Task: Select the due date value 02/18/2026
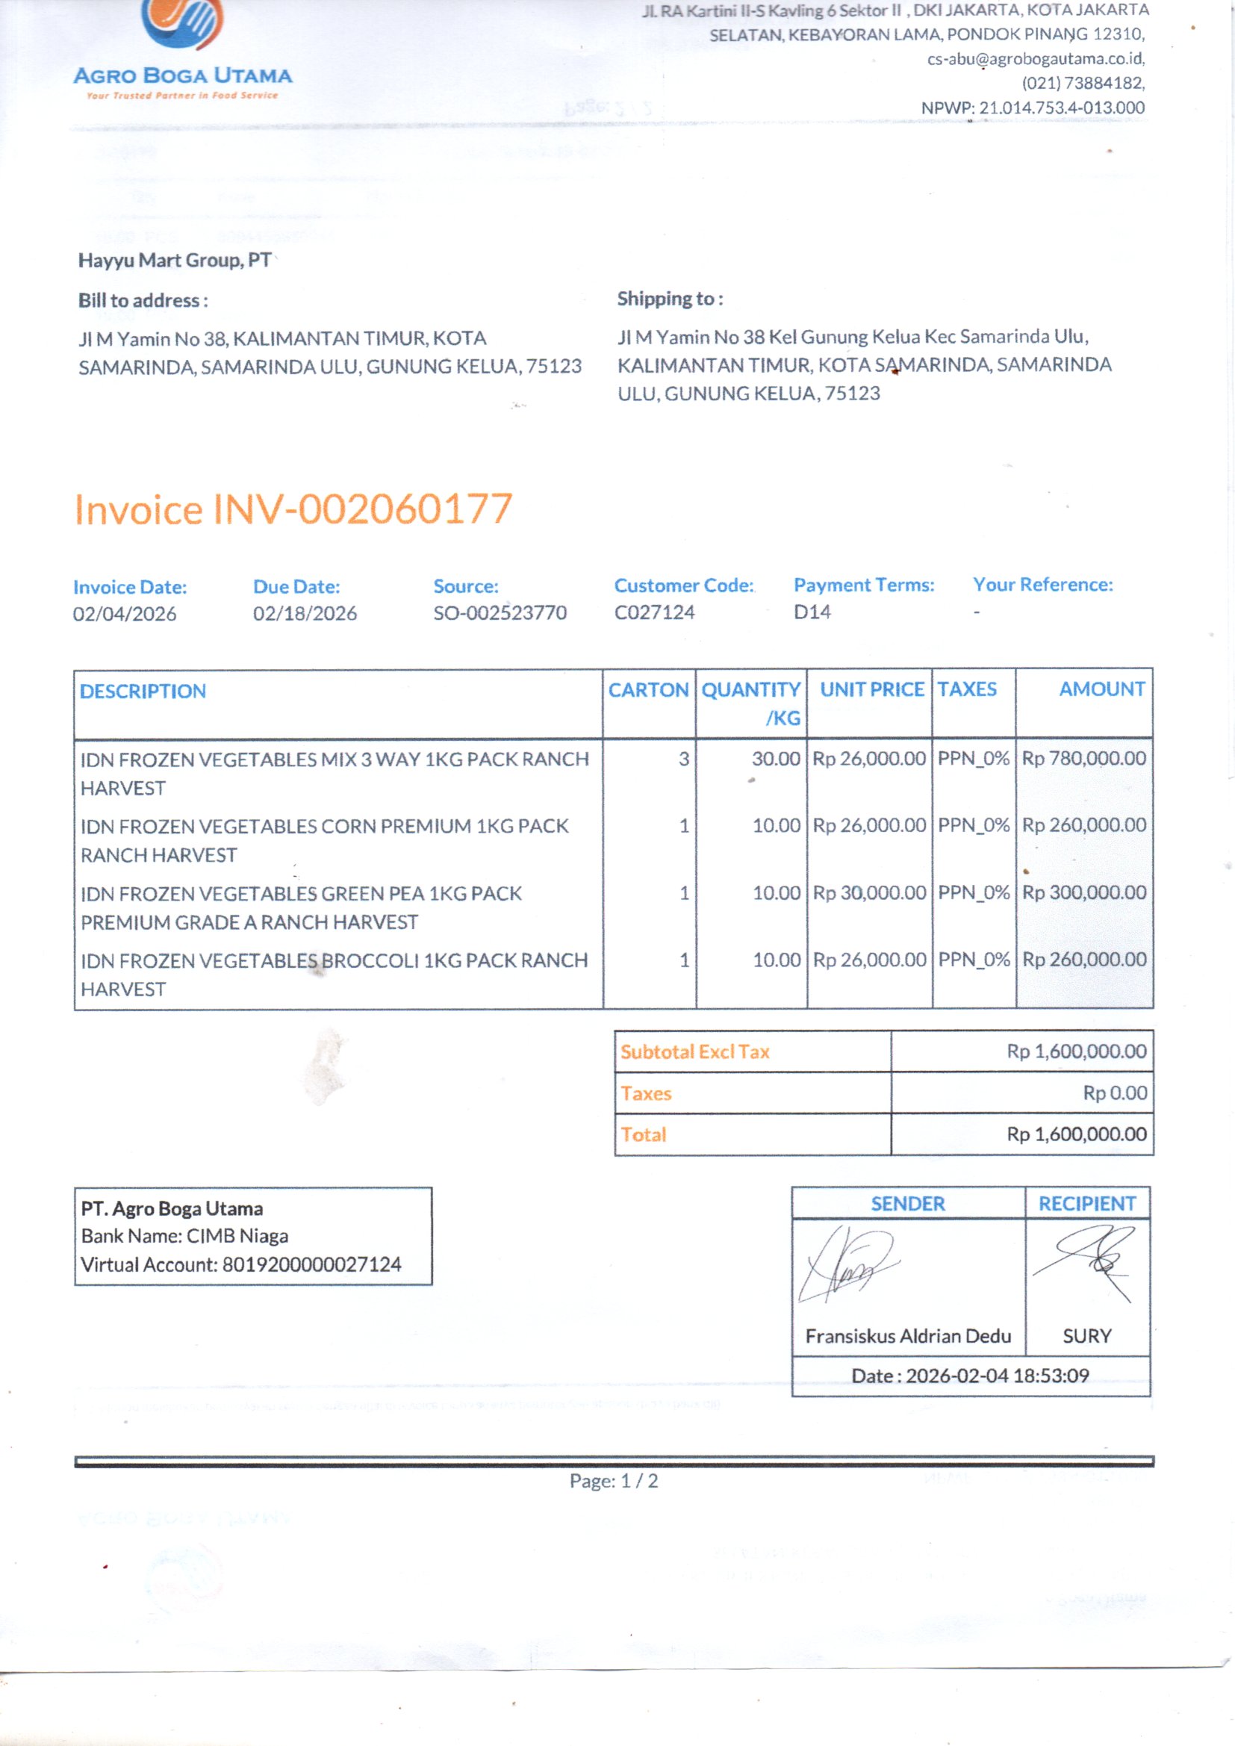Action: pyautogui.click(x=304, y=613)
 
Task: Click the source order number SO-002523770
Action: pyautogui.click(x=500, y=612)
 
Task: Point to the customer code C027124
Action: pyautogui.click(x=654, y=612)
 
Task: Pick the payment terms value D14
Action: pyautogui.click(x=812, y=612)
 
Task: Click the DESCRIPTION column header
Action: pyautogui.click(x=143, y=691)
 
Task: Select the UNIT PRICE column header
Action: pyautogui.click(x=871, y=689)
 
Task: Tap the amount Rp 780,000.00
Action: pyautogui.click(x=1083, y=758)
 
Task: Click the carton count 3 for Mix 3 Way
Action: pyautogui.click(x=684, y=758)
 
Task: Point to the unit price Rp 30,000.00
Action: pyautogui.click(x=869, y=892)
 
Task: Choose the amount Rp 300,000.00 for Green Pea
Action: pyautogui.click(x=1083, y=892)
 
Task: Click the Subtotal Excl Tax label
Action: pyautogui.click(x=694, y=1051)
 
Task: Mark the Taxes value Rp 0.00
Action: pyautogui.click(x=1114, y=1093)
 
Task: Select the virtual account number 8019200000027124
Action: pyautogui.click(x=312, y=1264)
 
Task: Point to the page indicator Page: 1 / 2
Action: pyautogui.click(x=614, y=1481)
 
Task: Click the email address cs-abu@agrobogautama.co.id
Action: pyautogui.click(x=1035, y=58)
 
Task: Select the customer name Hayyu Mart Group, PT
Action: pyautogui.click(x=174, y=260)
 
